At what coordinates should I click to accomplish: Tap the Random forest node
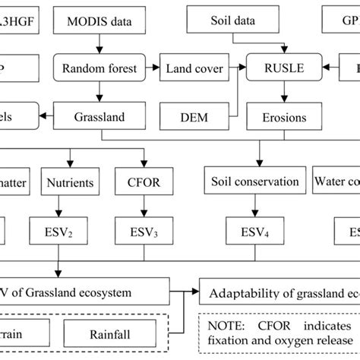click(110, 69)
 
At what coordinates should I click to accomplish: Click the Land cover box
click(194, 69)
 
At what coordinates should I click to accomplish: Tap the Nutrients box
click(71, 182)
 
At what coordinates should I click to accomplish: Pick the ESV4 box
click(251, 229)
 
